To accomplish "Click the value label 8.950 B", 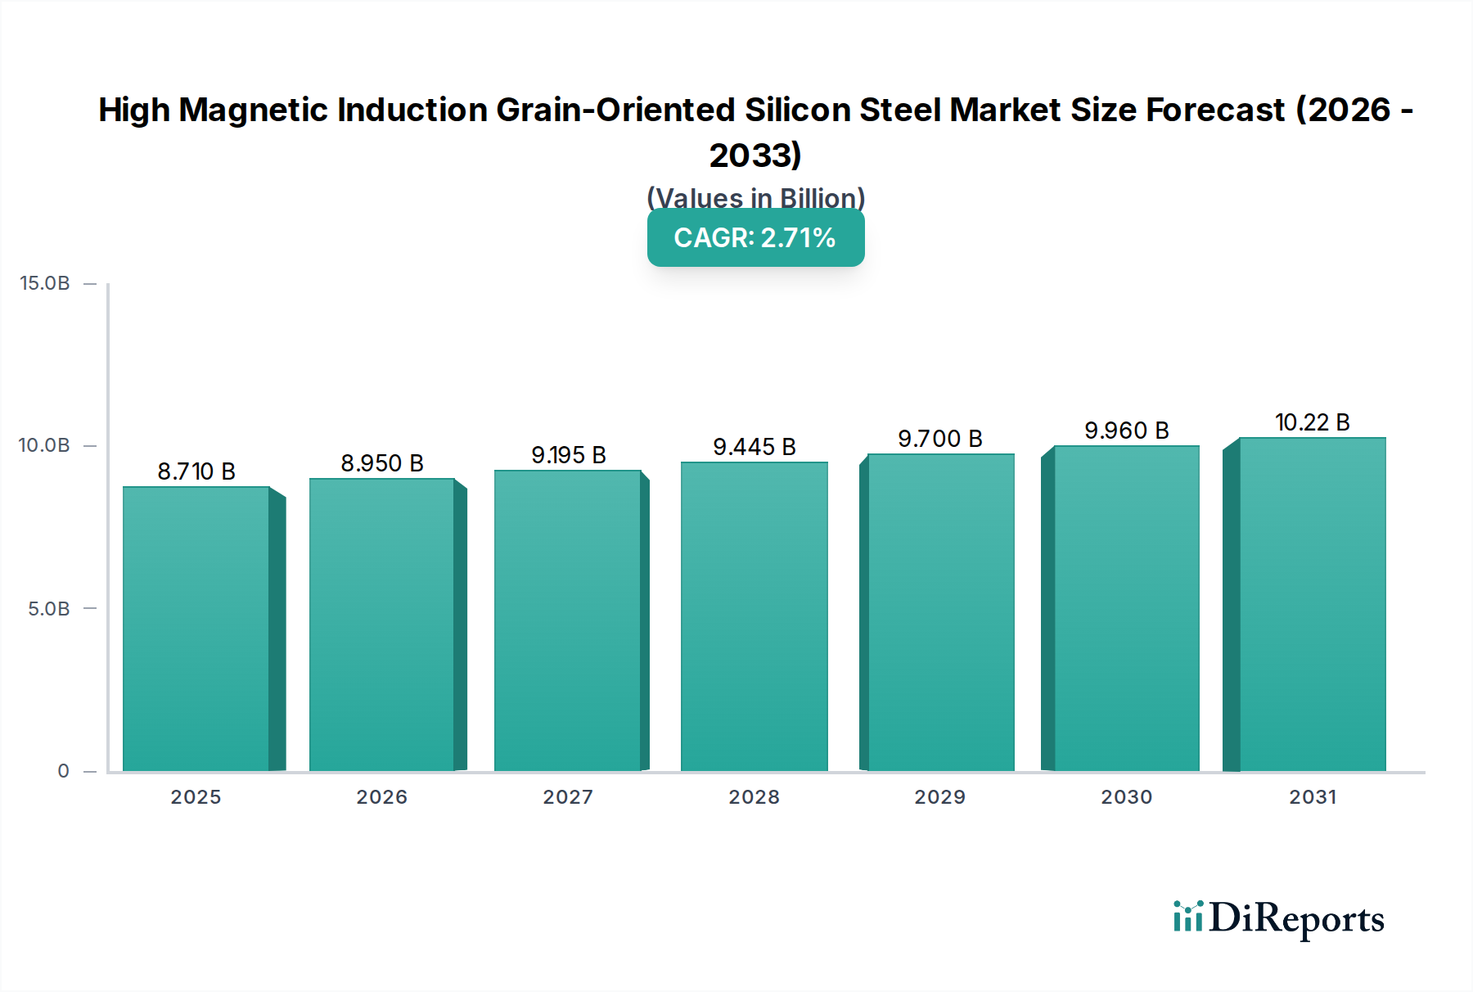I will [x=382, y=463].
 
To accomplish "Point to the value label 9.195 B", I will [x=569, y=455].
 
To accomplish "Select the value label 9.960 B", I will [x=1126, y=431].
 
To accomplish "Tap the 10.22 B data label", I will [x=1312, y=422].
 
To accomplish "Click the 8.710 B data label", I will [x=196, y=471].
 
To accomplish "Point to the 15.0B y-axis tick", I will [x=45, y=283].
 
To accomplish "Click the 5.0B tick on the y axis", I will [x=48, y=609].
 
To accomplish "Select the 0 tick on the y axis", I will [x=63, y=771].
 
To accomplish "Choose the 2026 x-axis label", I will [x=381, y=797].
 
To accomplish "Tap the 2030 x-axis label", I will [x=1126, y=797].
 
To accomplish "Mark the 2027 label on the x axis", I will [x=568, y=797].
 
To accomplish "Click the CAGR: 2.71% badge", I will [x=755, y=237].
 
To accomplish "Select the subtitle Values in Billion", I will [x=755, y=197].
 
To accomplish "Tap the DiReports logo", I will [x=1278, y=918].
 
